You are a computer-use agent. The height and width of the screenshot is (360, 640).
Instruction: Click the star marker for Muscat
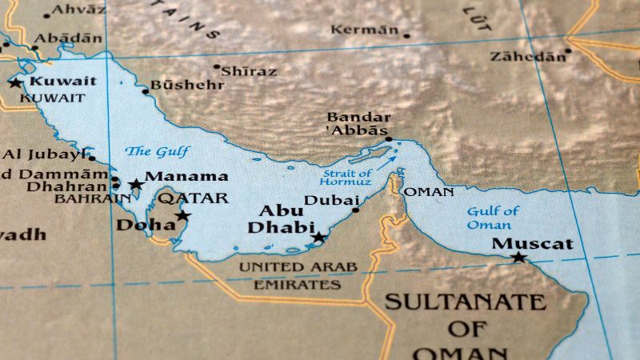tap(518, 258)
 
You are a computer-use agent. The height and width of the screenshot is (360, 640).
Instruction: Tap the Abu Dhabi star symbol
tap(319, 238)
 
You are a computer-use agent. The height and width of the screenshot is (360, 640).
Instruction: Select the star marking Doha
tap(183, 215)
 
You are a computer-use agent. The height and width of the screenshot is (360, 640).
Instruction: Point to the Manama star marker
tap(136, 185)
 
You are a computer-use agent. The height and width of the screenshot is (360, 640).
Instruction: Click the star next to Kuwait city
tap(14, 82)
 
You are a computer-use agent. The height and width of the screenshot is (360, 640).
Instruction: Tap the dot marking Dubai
tap(356, 210)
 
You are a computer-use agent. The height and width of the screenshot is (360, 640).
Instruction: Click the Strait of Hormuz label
tap(346, 177)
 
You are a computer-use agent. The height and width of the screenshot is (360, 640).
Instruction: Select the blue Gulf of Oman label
tap(493, 218)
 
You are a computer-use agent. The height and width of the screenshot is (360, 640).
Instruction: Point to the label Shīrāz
tap(249, 71)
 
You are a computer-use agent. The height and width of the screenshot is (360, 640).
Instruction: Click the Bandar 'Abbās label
tap(358, 123)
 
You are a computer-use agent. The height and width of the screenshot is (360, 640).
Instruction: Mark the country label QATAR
tap(192, 198)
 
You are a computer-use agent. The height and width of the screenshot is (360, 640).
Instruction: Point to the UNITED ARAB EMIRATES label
tap(298, 275)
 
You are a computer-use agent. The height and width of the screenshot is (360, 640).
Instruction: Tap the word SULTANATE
tap(465, 302)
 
